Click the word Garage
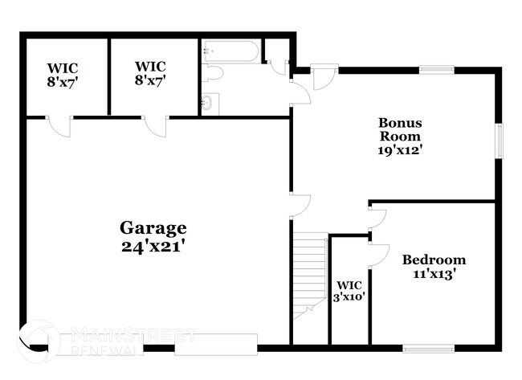153,228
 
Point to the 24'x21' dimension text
153,247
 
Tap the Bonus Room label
401,129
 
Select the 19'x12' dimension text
401,149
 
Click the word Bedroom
434,260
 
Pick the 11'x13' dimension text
434,274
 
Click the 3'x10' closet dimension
351,296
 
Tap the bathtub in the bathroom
231,52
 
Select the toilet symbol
213,74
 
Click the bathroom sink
207,103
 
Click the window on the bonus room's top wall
437,70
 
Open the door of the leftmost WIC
60,125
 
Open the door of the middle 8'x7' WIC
156,125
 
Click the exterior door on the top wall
324,77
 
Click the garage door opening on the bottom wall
215,345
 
